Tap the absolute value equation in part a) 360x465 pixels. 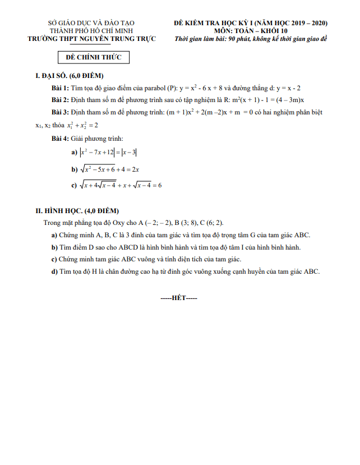(x=109, y=152)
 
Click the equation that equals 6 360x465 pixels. (x=121, y=185)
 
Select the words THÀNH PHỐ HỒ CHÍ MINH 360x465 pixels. (x=91, y=31)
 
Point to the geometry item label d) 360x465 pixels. (x=54, y=271)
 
